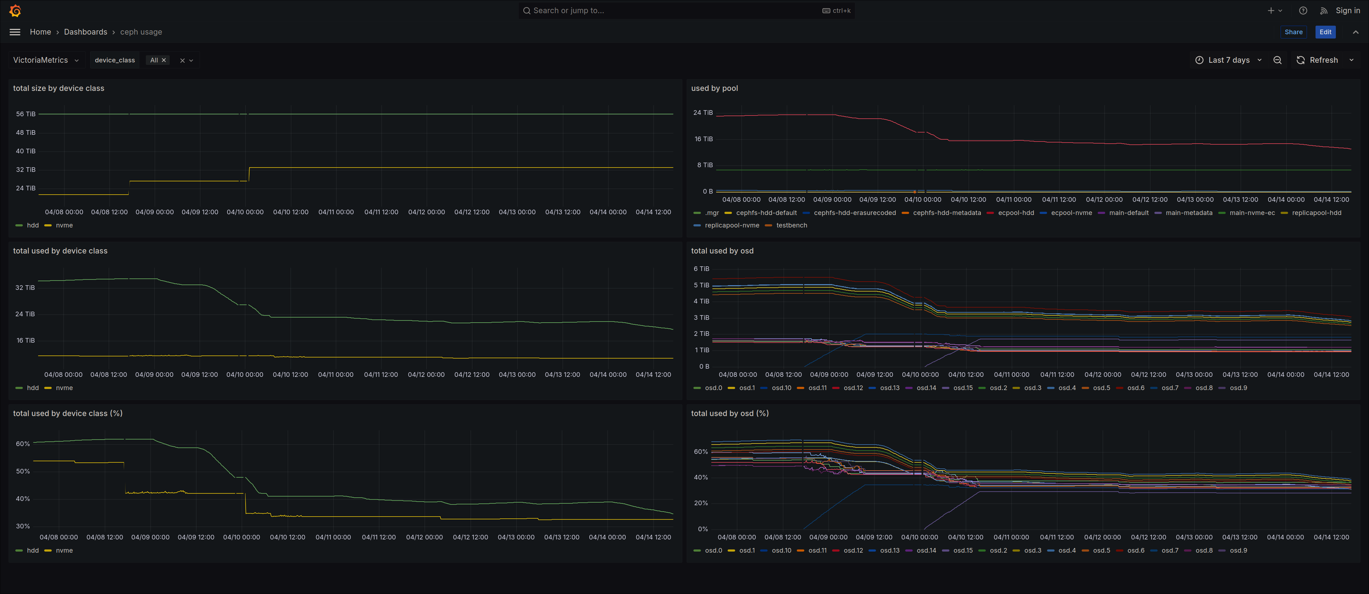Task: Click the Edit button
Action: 1326,32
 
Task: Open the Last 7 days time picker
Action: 1229,60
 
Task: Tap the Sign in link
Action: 1348,11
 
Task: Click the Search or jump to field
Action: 686,11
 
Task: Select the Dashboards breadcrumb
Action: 86,32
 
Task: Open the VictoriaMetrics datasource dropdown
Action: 46,60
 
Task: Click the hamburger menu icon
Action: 15,32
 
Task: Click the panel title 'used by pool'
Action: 714,88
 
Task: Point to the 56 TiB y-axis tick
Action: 26,114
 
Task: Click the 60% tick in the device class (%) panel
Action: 23,444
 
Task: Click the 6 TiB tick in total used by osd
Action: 701,269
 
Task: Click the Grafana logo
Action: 15,11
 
